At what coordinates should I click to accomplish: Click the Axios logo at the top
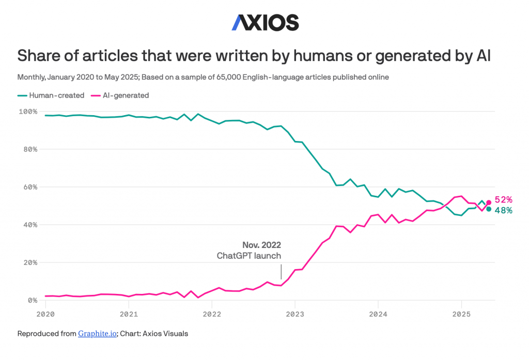click(x=264, y=22)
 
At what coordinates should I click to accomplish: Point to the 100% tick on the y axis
click(x=28, y=112)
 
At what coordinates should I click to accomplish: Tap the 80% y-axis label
click(x=29, y=149)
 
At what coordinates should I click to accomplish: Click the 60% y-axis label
click(x=29, y=187)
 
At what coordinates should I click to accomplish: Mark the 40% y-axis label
click(x=29, y=225)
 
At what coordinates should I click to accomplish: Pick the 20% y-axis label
click(x=29, y=262)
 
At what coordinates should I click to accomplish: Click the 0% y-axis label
click(x=32, y=300)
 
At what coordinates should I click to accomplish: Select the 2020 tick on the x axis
click(x=45, y=314)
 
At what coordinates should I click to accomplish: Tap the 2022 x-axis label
click(x=212, y=314)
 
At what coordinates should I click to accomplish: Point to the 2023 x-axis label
click(x=295, y=314)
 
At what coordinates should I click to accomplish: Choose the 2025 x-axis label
click(x=461, y=314)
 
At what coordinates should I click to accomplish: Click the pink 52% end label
click(x=503, y=200)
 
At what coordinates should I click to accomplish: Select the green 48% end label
click(x=503, y=210)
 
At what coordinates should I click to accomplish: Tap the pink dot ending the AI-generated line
click(x=489, y=203)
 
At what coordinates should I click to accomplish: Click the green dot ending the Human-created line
click(x=489, y=209)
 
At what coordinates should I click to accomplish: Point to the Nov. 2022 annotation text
click(x=261, y=245)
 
